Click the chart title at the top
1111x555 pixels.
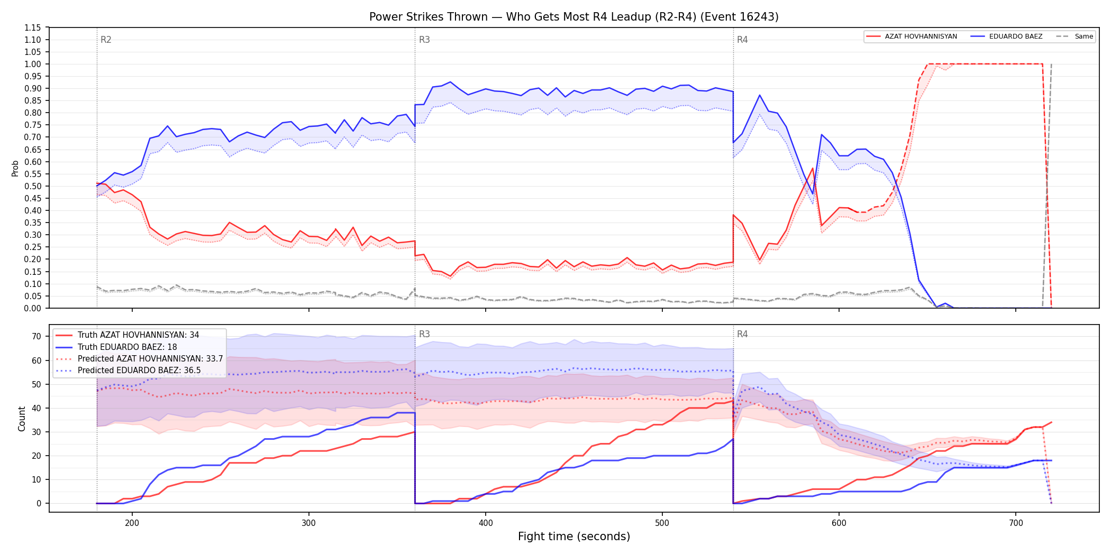tap(573, 17)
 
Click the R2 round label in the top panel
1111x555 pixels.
tap(106, 40)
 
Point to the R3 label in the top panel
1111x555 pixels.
tap(424, 40)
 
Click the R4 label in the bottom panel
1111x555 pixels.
tap(742, 334)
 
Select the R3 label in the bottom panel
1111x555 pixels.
tap(424, 334)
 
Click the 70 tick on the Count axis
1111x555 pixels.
tap(37, 337)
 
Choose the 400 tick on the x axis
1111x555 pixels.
tap(486, 523)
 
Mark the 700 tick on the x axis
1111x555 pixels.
tap(1016, 523)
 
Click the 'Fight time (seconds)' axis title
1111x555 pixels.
tap(574, 536)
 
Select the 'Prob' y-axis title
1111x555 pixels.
tap(15, 168)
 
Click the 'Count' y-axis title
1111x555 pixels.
tap(22, 419)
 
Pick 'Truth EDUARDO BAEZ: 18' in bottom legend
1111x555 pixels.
tap(127, 347)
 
